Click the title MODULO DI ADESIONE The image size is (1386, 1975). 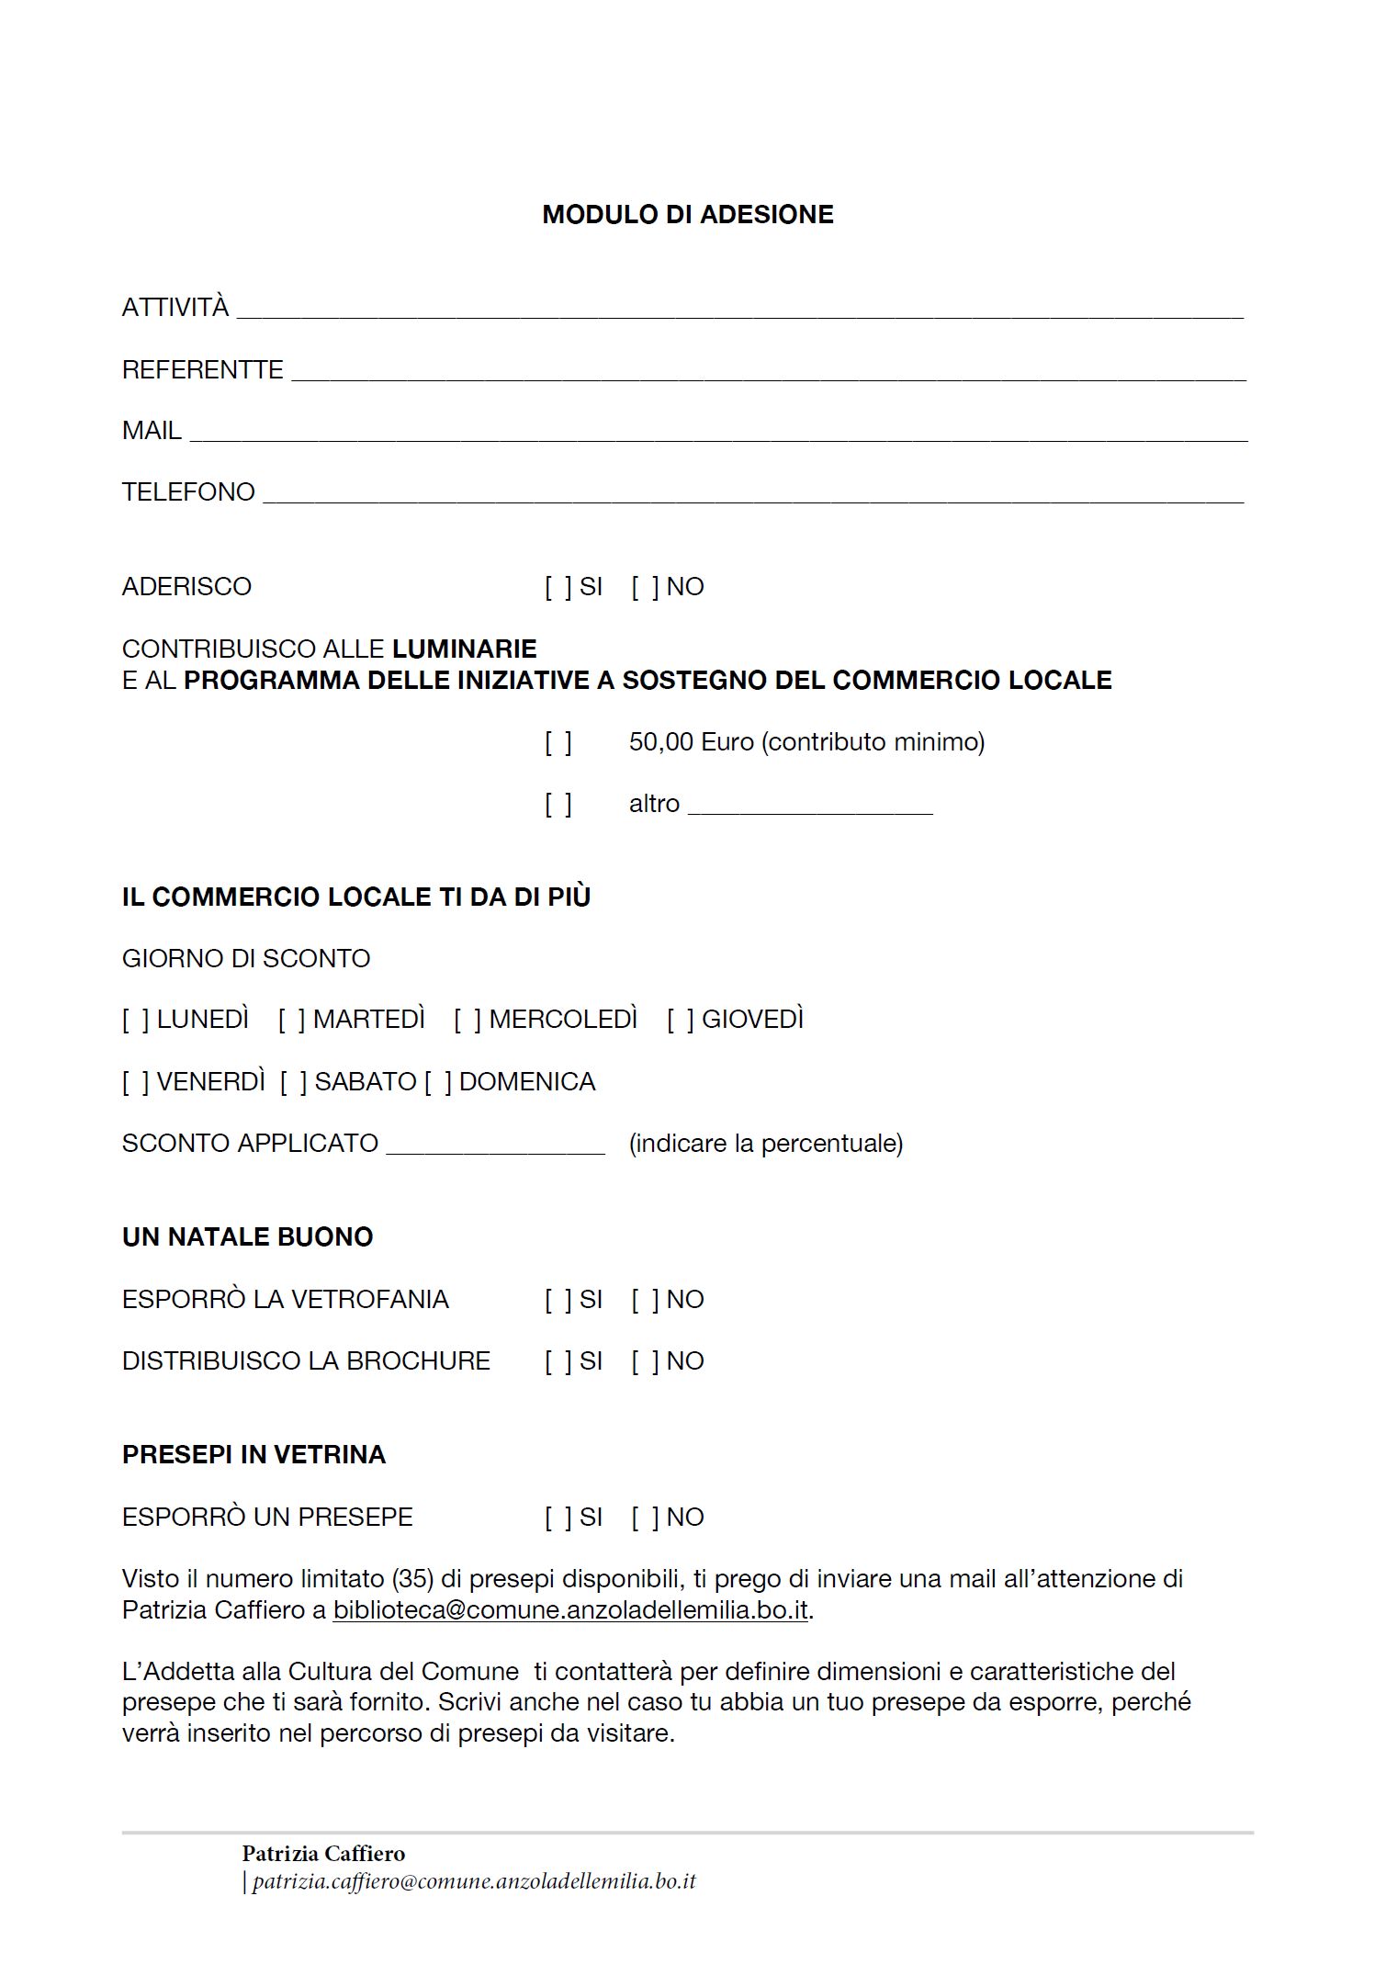[x=687, y=215]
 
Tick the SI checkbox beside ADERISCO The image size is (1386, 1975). [x=558, y=587]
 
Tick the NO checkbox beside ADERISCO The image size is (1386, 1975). [x=645, y=587]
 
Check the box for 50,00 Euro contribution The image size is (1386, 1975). [x=558, y=742]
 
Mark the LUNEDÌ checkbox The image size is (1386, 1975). [x=136, y=1020]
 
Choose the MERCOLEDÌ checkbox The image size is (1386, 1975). [x=468, y=1020]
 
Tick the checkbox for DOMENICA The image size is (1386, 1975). [x=438, y=1082]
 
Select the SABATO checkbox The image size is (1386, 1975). [x=294, y=1082]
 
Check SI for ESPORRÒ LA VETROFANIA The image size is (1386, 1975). [x=558, y=1300]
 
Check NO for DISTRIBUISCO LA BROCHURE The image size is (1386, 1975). [x=645, y=1361]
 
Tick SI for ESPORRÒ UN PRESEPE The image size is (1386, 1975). [x=558, y=1518]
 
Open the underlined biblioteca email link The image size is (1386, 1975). [x=570, y=1610]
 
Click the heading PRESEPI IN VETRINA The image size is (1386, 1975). [x=254, y=1455]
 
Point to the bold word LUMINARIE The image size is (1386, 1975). [x=464, y=649]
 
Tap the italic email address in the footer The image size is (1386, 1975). [x=474, y=1881]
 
